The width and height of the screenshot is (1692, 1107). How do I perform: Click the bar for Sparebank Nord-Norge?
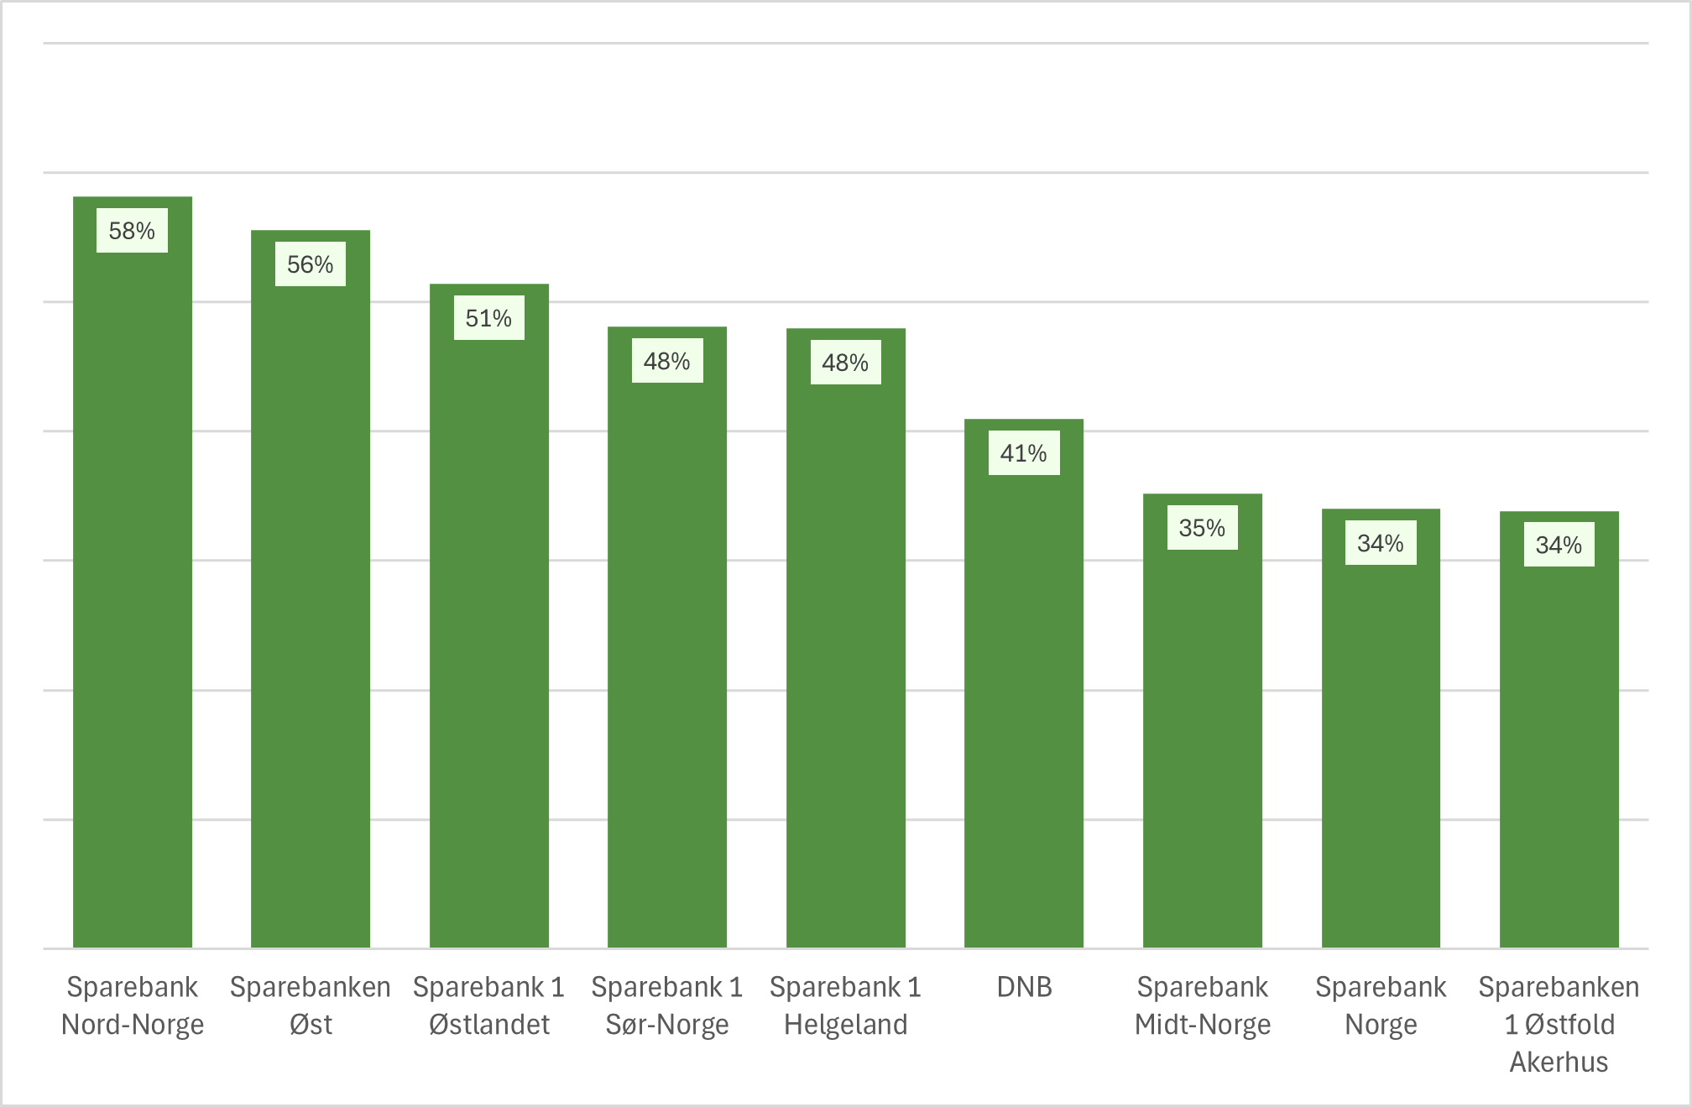pyautogui.click(x=133, y=587)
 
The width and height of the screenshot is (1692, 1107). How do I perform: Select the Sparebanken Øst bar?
pyautogui.click(x=311, y=604)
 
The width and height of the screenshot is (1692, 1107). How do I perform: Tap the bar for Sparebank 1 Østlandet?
pyautogui.click(x=489, y=629)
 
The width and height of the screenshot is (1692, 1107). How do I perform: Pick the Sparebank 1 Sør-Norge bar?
pyautogui.click(x=667, y=655)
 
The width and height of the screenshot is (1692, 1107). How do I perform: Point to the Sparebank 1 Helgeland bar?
pyautogui.click(x=846, y=655)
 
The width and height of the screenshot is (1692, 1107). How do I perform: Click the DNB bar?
pyautogui.click(x=1024, y=697)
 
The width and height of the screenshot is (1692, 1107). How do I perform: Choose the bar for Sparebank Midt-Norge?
pyautogui.click(x=1203, y=739)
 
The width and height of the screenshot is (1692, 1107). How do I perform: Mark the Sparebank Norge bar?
pyautogui.click(x=1381, y=747)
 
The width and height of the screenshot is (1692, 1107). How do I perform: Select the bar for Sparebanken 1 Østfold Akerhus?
pyautogui.click(x=1559, y=747)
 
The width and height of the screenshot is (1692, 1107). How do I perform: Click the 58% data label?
pyautogui.click(x=133, y=231)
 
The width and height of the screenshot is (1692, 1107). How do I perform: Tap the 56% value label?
pyautogui.click(x=311, y=264)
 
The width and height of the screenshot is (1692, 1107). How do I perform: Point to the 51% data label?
pyautogui.click(x=489, y=318)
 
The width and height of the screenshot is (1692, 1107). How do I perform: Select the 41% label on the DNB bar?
pyautogui.click(x=1024, y=453)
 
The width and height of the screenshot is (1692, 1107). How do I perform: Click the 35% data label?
pyautogui.click(x=1203, y=528)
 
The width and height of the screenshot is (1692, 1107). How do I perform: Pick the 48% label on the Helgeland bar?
pyautogui.click(x=846, y=363)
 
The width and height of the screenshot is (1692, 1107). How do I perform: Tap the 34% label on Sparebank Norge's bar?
pyautogui.click(x=1381, y=543)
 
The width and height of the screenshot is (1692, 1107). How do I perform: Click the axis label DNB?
pyautogui.click(x=1024, y=987)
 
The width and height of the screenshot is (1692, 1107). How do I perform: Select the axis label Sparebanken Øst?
pyautogui.click(x=311, y=1005)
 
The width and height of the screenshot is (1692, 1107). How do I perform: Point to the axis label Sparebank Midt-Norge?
pyautogui.click(x=1203, y=1005)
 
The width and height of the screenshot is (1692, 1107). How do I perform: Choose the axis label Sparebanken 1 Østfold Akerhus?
pyautogui.click(x=1559, y=1024)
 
